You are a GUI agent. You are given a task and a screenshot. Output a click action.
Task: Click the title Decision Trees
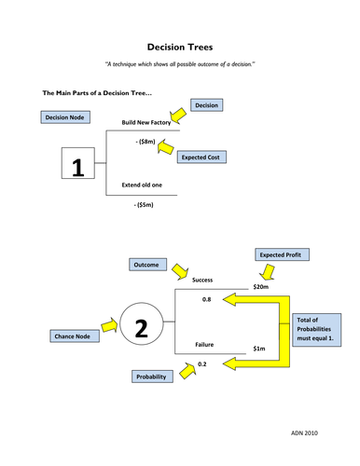(x=180, y=45)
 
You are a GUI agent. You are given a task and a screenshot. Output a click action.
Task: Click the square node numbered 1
(x=78, y=169)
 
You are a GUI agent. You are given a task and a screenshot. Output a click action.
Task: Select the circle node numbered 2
(x=141, y=327)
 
